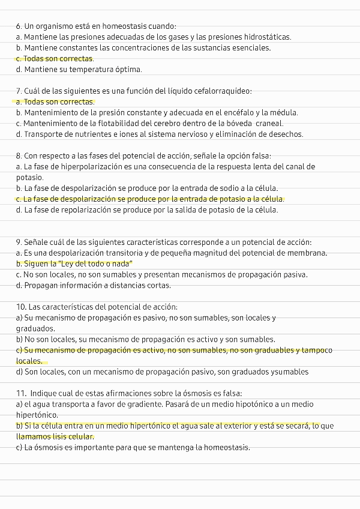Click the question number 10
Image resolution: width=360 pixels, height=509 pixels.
click(x=21, y=307)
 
